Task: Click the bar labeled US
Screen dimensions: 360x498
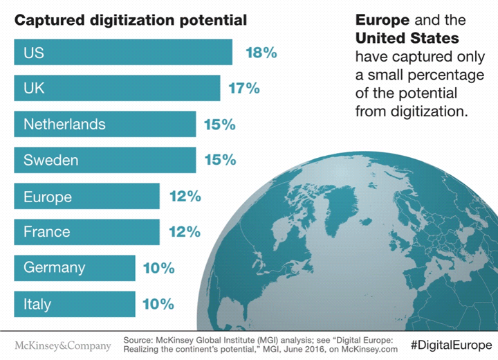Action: [x=123, y=52]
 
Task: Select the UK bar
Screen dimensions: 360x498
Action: [x=117, y=88]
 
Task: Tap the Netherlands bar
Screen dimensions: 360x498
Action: [x=104, y=124]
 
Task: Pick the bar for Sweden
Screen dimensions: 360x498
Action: [x=104, y=160]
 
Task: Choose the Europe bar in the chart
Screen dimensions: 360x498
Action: [x=86, y=196]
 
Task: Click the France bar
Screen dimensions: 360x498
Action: [x=86, y=232]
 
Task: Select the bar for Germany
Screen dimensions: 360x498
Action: [x=75, y=268]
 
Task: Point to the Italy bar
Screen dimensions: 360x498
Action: [x=75, y=304]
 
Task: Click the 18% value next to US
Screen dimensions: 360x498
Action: [x=261, y=52]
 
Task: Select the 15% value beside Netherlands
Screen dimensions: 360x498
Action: [x=220, y=125]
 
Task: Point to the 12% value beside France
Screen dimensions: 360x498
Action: [x=185, y=232]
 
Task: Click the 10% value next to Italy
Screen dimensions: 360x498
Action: [x=158, y=304]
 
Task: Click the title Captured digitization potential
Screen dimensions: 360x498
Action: [x=131, y=19]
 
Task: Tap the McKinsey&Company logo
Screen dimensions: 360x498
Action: [x=63, y=345]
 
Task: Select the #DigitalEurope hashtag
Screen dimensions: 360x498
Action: [x=450, y=345]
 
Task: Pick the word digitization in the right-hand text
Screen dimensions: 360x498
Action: [x=432, y=109]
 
